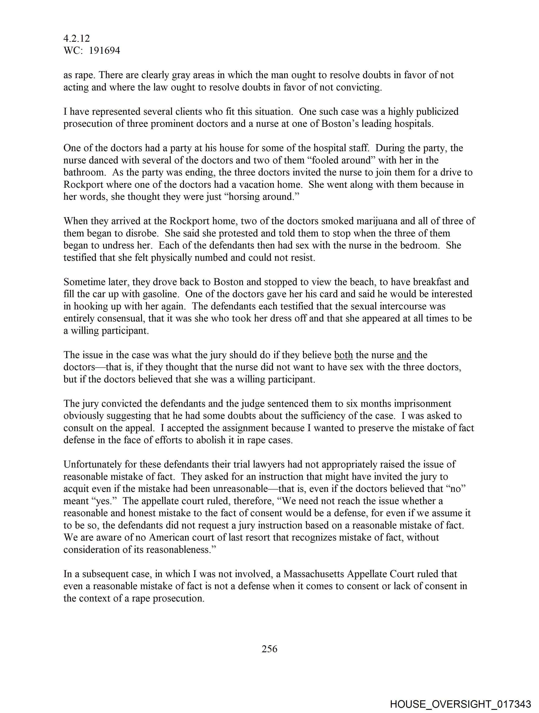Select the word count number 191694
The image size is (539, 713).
pos(104,51)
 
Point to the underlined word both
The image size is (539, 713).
pos(343,355)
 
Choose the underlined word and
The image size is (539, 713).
pos(404,355)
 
